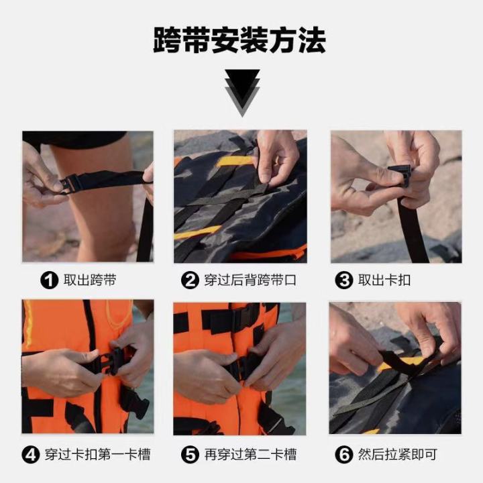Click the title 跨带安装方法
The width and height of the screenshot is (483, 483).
(x=240, y=40)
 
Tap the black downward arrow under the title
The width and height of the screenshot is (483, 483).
(x=241, y=91)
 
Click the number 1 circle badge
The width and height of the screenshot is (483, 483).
(x=50, y=280)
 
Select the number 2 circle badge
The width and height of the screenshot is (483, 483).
(x=191, y=280)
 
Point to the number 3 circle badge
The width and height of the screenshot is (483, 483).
(x=343, y=280)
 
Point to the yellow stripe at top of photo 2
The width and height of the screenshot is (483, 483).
(x=236, y=161)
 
